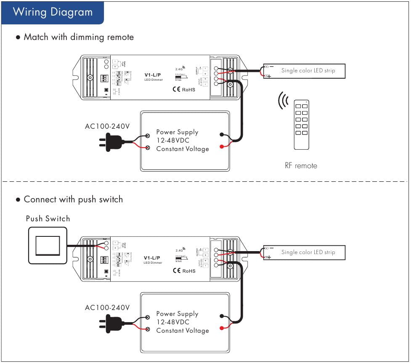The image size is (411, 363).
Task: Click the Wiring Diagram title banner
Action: [x=53, y=12]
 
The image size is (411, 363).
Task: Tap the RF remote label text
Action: [x=301, y=166]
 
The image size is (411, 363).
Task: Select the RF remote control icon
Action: [x=301, y=125]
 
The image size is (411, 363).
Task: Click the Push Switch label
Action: [x=48, y=219]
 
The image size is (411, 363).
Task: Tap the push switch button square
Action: [x=48, y=246]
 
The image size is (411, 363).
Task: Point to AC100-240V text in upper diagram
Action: [x=107, y=126]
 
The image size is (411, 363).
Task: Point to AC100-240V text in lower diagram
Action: [x=107, y=308]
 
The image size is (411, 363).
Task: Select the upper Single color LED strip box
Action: [x=304, y=71]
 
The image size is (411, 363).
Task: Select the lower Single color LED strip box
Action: [x=304, y=252]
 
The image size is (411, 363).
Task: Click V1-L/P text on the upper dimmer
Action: [x=152, y=75]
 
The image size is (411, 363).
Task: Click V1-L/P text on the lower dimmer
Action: [x=152, y=258]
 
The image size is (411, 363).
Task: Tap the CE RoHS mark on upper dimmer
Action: [x=184, y=90]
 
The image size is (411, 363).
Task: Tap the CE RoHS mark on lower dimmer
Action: [x=184, y=271]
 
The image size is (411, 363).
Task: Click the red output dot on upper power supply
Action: [x=221, y=147]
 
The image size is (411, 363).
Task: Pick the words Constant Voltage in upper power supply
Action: [x=183, y=149]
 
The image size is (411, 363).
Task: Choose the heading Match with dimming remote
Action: [x=79, y=37]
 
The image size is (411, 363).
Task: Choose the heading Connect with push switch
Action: [x=73, y=199]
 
